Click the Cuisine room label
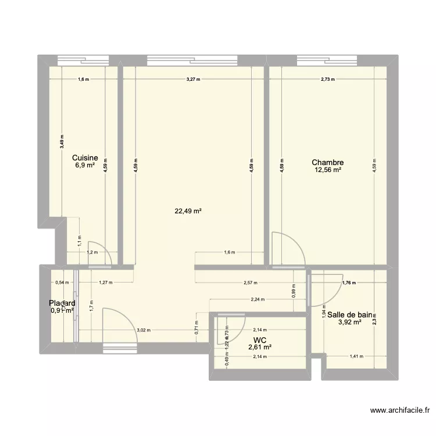pos(85,158)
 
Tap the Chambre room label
pos(328,163)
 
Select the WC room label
pos(260,339)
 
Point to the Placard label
pos(62,303)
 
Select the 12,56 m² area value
pos(328,171)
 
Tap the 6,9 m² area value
pos(85,165)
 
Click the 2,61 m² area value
pos(260,347)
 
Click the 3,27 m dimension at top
pos(193,80)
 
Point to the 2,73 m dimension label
pos(328,80)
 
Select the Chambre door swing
pos(289,247)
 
